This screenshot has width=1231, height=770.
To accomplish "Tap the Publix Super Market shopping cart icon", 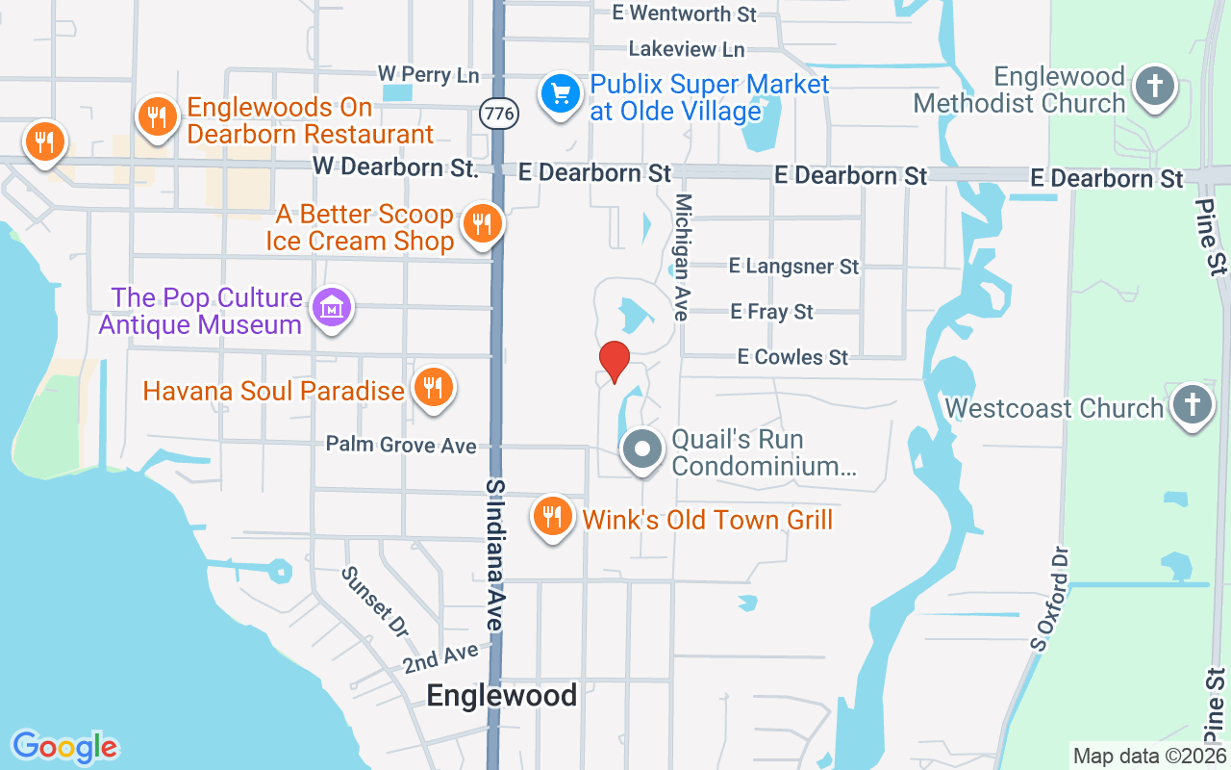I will click(x=561, y=94).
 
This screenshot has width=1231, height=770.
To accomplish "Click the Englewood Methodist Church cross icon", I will click(x=1154, y=87).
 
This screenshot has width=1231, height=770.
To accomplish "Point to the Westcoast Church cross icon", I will click(x=1193, y=405).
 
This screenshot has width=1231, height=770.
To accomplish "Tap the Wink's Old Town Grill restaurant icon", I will click(x=552, y=517).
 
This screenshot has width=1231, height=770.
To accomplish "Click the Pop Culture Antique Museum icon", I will click(x=332, y=308).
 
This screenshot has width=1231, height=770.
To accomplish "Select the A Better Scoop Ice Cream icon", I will click(x=480, y=223).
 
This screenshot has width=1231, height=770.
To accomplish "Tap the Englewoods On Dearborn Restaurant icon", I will click(x=156, y=117).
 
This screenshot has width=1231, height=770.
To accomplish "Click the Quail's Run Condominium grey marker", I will click(x=642, y=449).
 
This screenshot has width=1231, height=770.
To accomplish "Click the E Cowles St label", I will click(x=793, y=357).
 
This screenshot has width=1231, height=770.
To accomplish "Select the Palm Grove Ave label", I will click(x=401, y=445).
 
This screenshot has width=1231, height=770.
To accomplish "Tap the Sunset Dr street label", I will click(x=375, y=602).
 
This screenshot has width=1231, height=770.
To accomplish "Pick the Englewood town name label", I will click(x=502, y=695).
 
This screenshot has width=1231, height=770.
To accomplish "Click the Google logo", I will click(x=65, y=747).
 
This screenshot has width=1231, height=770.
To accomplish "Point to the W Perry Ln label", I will click(x=428, y=74).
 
